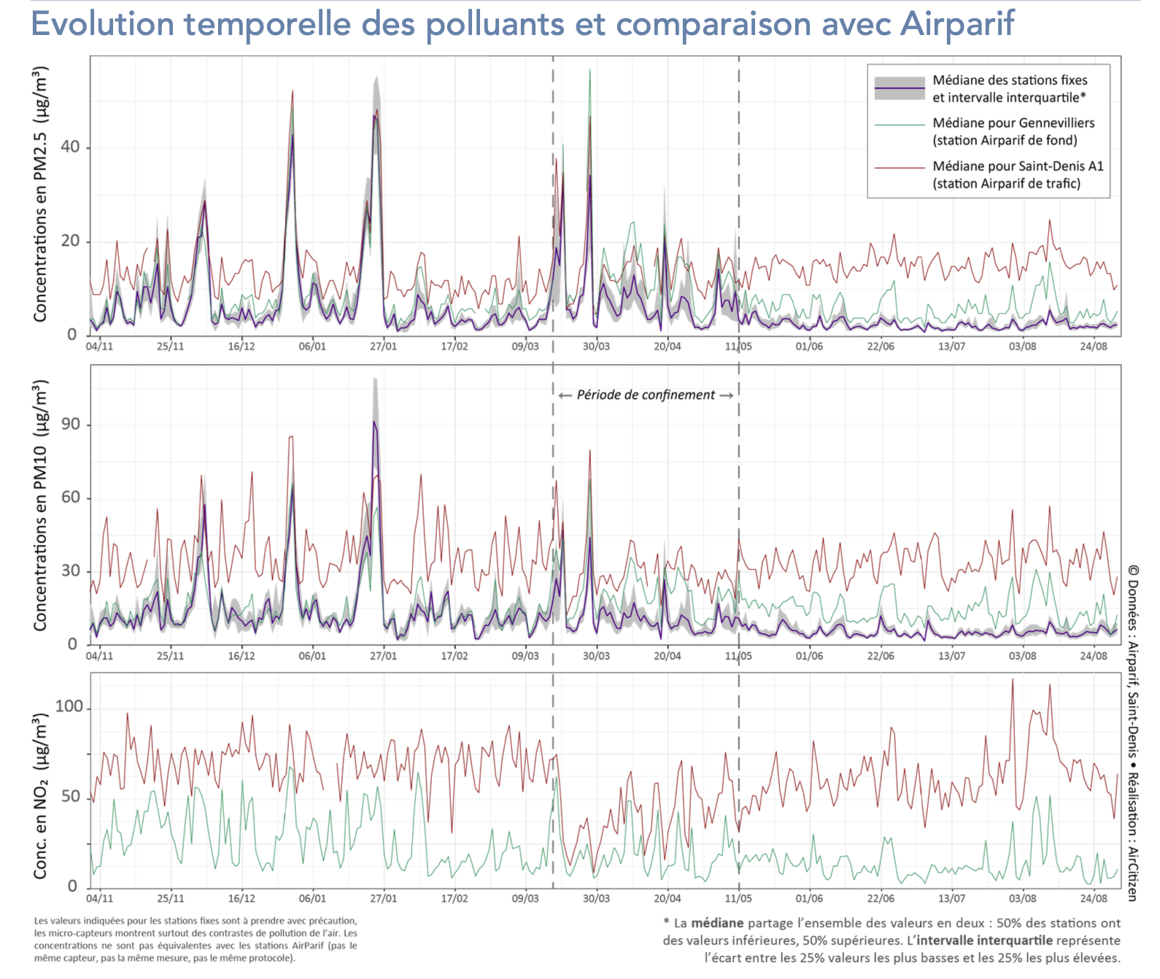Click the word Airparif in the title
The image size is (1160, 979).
coord(956,23)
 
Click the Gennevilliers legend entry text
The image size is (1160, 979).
coord(1013,131)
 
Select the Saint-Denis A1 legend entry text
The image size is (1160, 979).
coord(1018,174)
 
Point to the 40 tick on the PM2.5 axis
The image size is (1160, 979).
coord(70,147)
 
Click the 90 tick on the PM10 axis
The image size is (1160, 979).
coord(70,425)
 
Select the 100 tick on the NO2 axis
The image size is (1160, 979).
coord(69,707)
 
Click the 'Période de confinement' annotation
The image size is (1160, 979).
coord(646,395)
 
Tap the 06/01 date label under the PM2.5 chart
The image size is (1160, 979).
coord(312,347)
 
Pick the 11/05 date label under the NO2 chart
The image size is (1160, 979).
coord(738,899)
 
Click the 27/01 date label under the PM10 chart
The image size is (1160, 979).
coord(383,656)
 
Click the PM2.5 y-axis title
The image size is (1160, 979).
coord(40,194)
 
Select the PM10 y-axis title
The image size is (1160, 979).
coord(40,505)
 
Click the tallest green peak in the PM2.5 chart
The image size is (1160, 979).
coord(589,71)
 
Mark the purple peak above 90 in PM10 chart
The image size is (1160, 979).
coord(374,422)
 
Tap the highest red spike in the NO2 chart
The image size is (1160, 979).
coord(1013,680)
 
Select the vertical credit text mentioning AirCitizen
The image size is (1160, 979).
coord(1132,732)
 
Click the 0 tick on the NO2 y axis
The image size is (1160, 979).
coord(72,886)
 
